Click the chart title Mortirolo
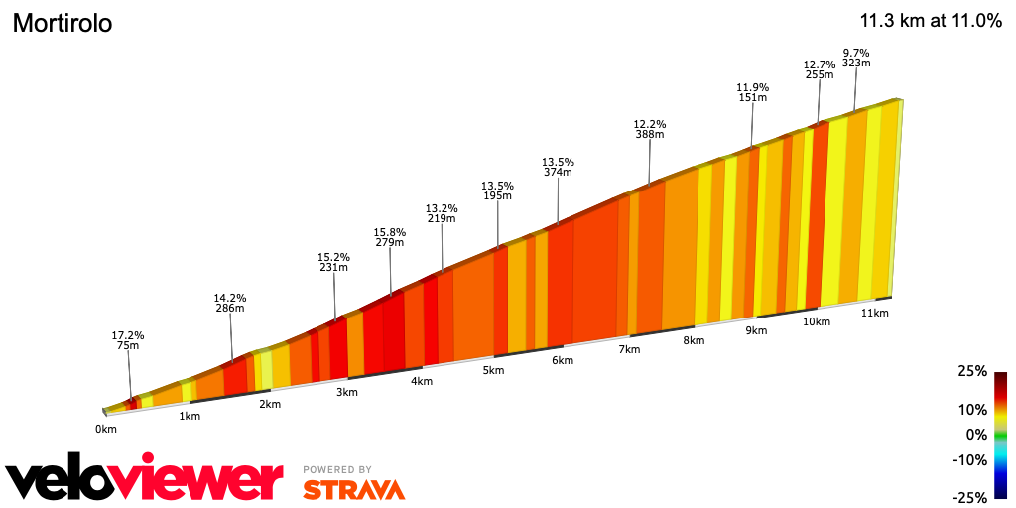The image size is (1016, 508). [x=62, y=24]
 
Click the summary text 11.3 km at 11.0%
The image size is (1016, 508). [x=930, y=21]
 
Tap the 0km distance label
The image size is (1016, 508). [x=106, y=429]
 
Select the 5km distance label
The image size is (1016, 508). [x=493, y=370]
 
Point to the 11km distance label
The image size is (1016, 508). [x=874, y=313]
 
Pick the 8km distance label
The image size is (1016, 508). [x=694, y=340]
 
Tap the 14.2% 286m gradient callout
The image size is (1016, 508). [x=230, y=303]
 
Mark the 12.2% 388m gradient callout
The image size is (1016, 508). [x=650, y=129]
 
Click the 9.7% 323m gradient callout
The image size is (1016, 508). [x=856, y=58]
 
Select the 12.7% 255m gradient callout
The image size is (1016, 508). [x=819, y=69]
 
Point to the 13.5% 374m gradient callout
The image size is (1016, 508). [x=558, y=166]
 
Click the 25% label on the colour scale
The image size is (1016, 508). [x=972, y=371]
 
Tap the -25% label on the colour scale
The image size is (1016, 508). [x=970, y=497]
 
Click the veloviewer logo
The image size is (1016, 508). [x=145, y=480]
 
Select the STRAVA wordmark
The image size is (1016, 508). [x=353, y=490]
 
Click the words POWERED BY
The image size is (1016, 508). [x=337, y=470]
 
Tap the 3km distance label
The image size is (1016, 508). [x=346, y=392]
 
